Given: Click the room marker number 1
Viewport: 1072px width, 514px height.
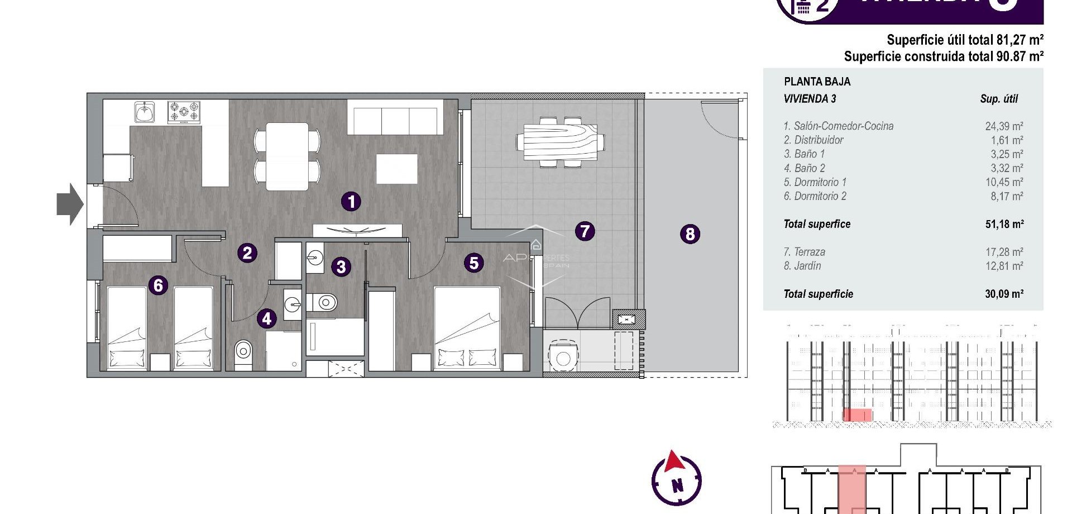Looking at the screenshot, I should pos(351,202).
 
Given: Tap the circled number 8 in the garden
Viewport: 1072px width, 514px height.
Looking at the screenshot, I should pos(690,234).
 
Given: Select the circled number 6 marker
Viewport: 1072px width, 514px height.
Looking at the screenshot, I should pos(158,285).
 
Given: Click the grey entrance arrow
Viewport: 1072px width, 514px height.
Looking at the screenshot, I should pos(70,204).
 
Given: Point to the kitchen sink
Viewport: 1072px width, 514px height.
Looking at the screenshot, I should pos(145,112).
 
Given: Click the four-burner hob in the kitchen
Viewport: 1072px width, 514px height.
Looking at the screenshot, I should pos(184,112).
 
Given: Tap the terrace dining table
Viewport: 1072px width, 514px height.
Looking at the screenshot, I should pos(560,142).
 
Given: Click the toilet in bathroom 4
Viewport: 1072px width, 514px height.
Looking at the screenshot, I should pos(243,351).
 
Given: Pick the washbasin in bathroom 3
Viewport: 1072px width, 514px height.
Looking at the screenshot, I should pos(315,258).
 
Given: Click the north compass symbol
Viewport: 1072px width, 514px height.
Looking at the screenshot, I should pos(677,479).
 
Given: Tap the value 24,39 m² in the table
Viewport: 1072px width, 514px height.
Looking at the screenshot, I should pos(1004,126).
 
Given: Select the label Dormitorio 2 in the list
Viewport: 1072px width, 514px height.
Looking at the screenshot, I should pos(815,196).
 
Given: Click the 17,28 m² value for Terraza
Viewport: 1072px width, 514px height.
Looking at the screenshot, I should pos(1004,252).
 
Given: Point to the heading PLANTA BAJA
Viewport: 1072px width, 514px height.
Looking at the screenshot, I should pos(817,82).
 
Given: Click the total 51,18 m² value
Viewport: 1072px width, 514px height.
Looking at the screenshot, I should pos(1004,224).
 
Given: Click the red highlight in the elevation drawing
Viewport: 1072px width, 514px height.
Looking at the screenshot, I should pos(857,415).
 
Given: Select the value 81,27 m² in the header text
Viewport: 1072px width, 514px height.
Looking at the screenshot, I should pos(1020,40).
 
